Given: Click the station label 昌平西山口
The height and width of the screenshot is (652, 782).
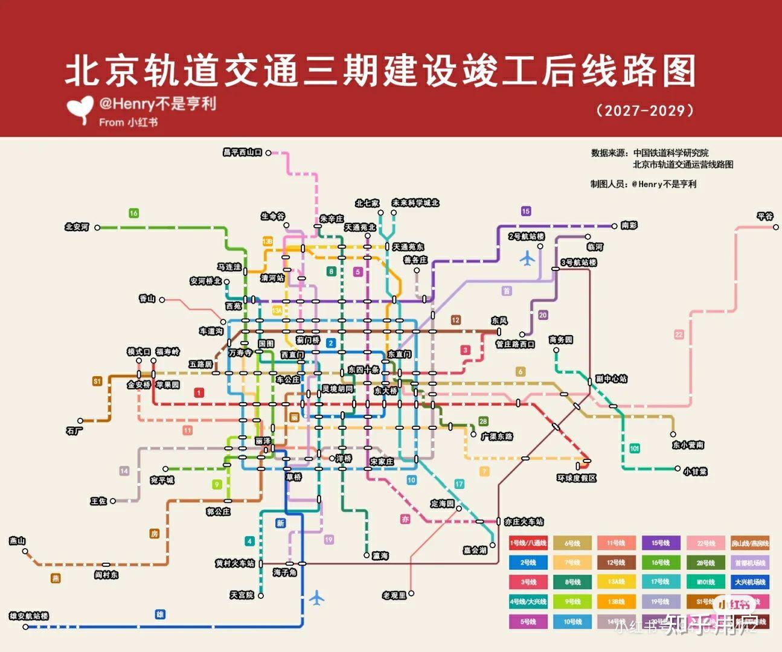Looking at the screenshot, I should coord(242,152).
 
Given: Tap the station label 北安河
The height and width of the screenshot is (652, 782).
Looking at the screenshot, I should coord(77,227).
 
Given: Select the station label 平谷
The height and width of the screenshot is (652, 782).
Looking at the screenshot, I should coord(764,216).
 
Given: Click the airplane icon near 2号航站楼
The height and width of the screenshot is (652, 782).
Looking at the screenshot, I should coord(527,259).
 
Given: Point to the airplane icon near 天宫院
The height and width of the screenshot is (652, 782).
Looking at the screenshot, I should coord(316,598).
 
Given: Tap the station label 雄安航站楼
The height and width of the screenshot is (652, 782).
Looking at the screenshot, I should coord(29,616).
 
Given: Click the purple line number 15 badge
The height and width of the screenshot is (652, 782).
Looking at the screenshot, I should coord(525,211).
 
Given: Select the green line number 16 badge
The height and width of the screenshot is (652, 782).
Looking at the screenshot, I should coord(133,213).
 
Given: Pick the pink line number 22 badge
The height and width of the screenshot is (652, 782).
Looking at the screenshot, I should coord(679,334).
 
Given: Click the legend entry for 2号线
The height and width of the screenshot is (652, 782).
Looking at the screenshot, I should coord(528,563).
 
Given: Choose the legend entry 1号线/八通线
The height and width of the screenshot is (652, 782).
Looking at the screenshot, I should coord(528,543).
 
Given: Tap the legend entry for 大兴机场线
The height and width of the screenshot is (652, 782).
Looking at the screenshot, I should coord(750,582).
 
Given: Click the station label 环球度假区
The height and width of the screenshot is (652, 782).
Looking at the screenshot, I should coord(576,478).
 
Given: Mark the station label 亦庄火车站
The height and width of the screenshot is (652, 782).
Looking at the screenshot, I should coord(524,521).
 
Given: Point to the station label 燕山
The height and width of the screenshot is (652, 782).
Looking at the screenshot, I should coord(18,540).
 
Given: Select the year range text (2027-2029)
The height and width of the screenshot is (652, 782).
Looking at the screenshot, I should coord(645,110).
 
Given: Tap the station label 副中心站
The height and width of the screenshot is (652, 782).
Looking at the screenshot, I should coord(611,379).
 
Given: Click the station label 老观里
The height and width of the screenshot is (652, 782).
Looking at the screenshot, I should coord(394,595).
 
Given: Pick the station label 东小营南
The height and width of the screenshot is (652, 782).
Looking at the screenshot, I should coord(688,444).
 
